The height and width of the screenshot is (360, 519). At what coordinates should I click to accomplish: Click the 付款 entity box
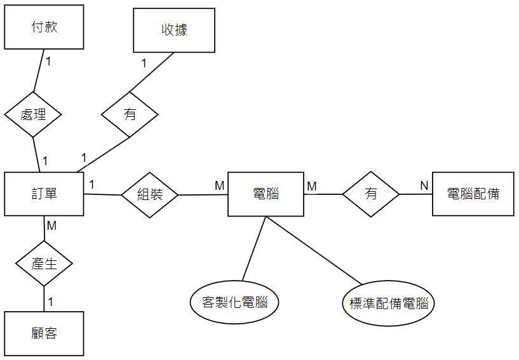tap(44, 27)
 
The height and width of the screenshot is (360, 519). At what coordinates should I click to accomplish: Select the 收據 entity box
tap(173, 30)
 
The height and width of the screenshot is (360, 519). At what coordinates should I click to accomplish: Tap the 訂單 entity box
tap(44, 194)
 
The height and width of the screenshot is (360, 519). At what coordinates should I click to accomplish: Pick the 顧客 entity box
tap(44, 333)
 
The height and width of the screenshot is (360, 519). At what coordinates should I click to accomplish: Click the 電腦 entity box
tap(266, 194)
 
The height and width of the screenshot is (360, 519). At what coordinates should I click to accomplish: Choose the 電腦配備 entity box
tap(473, 194)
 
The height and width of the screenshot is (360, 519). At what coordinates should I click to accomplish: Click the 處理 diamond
tap(33, 115)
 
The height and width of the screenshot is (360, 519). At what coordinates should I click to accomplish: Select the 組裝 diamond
tap(150, 194)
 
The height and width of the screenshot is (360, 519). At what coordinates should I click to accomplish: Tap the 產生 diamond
tap(44, 263)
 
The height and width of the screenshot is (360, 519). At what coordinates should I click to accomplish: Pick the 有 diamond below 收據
tap(130, 114)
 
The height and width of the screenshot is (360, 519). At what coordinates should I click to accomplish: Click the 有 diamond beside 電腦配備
tap(371, 194)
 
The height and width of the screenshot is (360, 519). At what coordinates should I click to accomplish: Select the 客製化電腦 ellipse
tap(235, 302)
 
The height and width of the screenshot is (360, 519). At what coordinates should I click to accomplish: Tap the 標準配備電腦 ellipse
tap(388, 303)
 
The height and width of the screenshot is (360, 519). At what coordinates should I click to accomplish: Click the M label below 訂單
tap(52, 225)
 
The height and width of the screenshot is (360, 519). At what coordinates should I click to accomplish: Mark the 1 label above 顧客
tap(50, 302)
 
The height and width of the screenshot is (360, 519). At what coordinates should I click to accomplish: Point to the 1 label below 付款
tap(49, 62)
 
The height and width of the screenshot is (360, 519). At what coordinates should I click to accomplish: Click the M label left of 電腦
tap(219, 185)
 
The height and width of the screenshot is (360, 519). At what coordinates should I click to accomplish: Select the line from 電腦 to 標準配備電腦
tap(313, 250)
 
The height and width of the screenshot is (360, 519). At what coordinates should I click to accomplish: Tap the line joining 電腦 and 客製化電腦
tap(254, 248)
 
